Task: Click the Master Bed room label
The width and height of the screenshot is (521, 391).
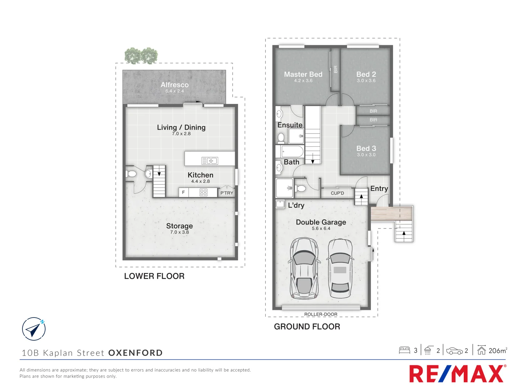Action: tap(303, 74)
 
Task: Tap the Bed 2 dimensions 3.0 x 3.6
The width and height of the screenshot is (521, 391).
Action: tap(366, 81)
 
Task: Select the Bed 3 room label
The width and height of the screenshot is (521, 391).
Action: tap(366, 148)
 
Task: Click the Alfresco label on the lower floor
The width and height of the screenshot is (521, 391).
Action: tap(175, 85)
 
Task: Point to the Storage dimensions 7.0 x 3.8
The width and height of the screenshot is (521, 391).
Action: tap(179, 232)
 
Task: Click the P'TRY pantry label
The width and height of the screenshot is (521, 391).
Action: tap(227, 193)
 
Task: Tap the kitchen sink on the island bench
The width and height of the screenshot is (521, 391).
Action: tap(209, 161)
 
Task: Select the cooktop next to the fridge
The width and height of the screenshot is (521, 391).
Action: tap(203, 193)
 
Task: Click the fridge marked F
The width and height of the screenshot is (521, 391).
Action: tap(183, 193)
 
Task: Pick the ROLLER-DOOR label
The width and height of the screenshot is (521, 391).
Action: tap(321, 314)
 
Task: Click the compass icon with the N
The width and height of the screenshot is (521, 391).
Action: tap(34, 329)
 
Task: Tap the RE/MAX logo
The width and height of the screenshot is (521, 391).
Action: tap(457, 374)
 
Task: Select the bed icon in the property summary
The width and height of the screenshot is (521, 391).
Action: tap(404, 350)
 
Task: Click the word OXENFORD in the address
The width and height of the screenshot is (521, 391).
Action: tap(135, 353)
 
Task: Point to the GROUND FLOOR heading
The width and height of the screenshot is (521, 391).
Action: tap(307, 327)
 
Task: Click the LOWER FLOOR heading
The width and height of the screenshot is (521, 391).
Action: tap(154, 276)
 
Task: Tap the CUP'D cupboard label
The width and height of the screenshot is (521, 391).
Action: tap(337, 193)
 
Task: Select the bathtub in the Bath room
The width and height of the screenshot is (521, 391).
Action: tap(292, 151)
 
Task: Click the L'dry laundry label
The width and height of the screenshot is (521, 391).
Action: tap(296, 205)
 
